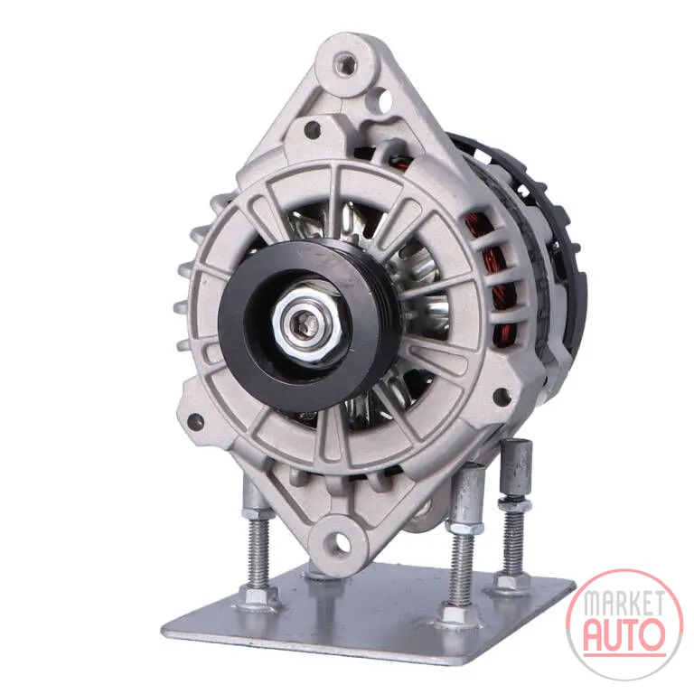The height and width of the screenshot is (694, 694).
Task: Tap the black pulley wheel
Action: [x=310, y=325]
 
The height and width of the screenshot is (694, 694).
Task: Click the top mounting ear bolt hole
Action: [x=344, y=62]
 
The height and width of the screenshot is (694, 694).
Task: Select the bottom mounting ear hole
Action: [x=339, y=541]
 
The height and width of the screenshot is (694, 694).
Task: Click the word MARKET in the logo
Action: [x=624, y=603]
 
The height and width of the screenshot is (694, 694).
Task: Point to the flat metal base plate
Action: [x=368, y=613]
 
